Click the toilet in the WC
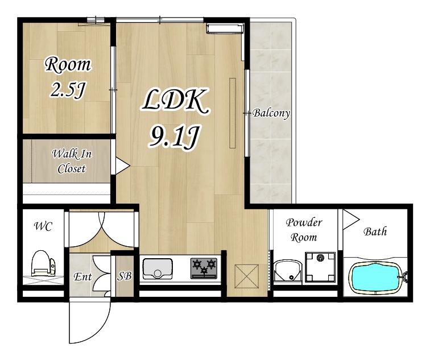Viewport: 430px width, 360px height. [x=44, y=263]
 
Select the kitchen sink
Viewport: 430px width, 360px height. [x=158, y=268]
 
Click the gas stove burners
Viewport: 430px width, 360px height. [x=204, y=268]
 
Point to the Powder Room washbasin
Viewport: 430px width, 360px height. [x=288, y=271]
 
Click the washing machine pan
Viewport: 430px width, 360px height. [x=320, y=267]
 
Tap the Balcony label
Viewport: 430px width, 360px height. [x=271, y=113]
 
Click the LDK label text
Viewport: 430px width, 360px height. [x=175, y=102]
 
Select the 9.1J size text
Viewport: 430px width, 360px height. [x=173, y=136]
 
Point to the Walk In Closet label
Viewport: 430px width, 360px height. [x=72, y=161]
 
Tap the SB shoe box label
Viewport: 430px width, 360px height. [x=125, y=276]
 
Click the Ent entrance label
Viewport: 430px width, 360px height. [x=82, y=276]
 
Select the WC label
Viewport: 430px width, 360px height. [x=43, y=226]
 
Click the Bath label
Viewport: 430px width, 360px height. [x=375, y=231]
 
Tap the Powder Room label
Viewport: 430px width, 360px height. [x=304, y=230]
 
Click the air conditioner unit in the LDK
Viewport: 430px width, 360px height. [x=225, y=28]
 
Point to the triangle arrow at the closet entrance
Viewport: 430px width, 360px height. [x=122, y=165]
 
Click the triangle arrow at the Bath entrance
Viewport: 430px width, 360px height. [x=350, y=219]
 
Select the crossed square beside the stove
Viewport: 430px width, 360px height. [x=246, y=276]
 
